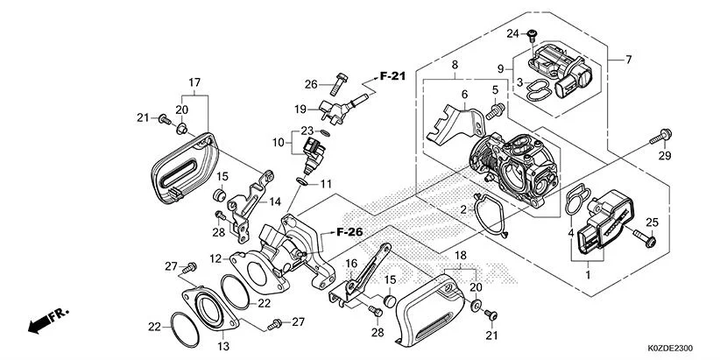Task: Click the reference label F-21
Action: (393, 77)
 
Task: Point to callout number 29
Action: (664, 156)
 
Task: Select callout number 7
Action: (627, 60)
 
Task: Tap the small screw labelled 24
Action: (532, 35)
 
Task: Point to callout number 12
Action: (215, 258)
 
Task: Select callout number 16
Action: (350, 263)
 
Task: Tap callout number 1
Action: (587, 274)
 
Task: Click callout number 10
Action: (278, 141)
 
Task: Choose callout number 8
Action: (455, 65)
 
